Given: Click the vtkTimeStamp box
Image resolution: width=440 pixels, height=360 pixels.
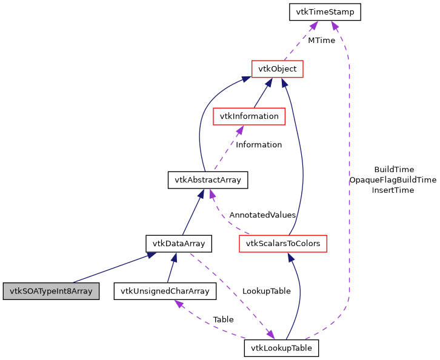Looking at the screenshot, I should click(325, 12).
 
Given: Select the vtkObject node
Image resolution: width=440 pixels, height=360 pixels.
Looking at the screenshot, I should click(277, 68).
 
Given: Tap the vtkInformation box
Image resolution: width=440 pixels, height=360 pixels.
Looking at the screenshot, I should click(249, 116).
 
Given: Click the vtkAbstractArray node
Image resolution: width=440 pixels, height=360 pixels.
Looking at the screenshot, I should click(208, 179).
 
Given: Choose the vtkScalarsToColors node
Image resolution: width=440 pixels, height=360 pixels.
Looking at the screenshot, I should click(283, 244).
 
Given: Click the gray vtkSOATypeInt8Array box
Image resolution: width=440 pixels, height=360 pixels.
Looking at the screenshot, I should click(50, 291).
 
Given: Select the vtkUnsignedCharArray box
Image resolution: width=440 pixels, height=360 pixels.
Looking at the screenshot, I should click(165, 291).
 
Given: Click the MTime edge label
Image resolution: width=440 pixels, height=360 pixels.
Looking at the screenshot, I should click(321, 41).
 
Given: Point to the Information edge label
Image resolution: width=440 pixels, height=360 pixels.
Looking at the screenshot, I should click(259, 145).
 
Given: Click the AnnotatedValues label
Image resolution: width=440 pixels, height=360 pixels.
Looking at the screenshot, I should click(262, 215).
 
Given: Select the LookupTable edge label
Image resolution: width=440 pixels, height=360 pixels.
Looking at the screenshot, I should click(266, 291).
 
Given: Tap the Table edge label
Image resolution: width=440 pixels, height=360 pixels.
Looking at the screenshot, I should click(223, 319).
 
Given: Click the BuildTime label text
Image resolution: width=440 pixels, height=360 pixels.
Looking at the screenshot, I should click(394, 170).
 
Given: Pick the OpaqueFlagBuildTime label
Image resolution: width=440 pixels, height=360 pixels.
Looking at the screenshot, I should click(393, 180).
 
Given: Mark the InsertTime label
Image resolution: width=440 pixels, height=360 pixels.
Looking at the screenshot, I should click(393, 190).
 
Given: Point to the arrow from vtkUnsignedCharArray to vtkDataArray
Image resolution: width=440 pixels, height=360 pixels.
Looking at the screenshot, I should click(172, 268).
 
